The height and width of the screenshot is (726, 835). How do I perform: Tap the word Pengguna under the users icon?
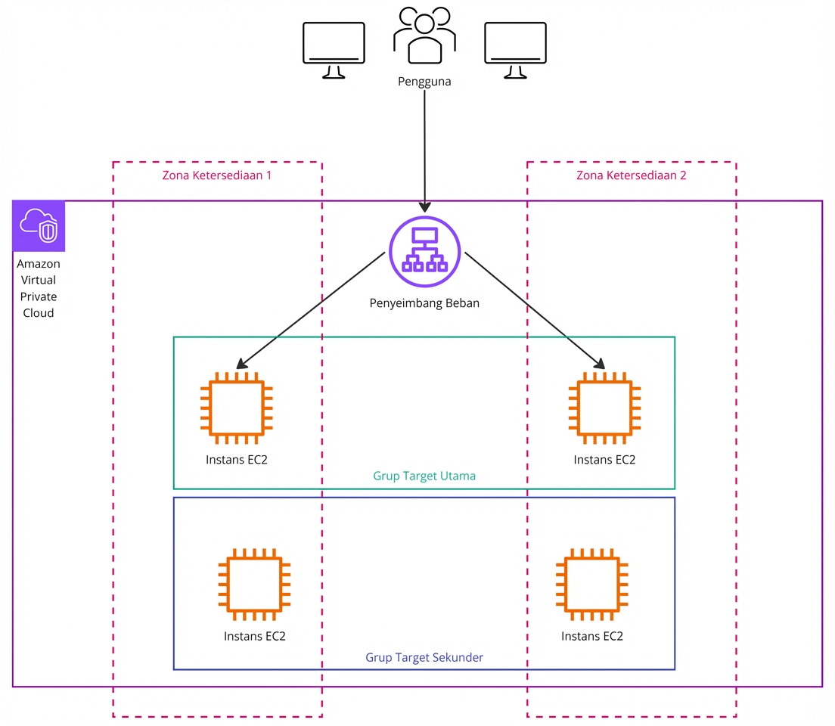click(424, 82)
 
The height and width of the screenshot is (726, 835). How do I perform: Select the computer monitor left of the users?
click(334, 49)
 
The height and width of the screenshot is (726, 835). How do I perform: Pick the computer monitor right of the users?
click(515, 49)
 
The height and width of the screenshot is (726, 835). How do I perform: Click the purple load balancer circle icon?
click(424, 251)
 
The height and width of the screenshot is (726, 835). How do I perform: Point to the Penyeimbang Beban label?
click(424, 303)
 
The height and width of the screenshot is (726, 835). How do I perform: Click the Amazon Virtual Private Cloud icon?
click(39, 225)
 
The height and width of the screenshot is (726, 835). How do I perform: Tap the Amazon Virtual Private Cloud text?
click(39, 288)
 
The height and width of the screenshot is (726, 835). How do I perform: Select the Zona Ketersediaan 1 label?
click(217, 175)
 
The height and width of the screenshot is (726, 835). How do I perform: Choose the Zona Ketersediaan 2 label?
click(631, 175)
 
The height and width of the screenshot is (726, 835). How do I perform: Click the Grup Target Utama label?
click(424, 476)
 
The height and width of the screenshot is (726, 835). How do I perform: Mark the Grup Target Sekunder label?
click(424, 657)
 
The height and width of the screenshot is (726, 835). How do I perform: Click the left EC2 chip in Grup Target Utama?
click(236, 408)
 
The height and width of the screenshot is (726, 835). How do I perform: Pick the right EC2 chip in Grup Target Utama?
click(604, 408)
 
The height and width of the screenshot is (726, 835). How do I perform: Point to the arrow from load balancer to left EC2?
click(312, 309)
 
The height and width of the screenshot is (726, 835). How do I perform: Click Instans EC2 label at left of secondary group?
click(254, 636)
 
